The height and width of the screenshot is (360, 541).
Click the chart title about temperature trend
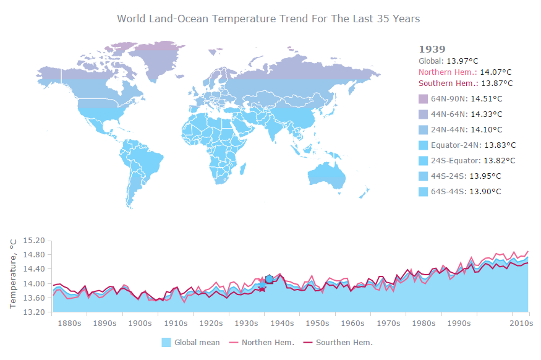point(268,19)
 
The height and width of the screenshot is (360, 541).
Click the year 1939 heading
point(432,49)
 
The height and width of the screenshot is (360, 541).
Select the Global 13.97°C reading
point(448,61)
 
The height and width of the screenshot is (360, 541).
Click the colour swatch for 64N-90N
point(424,99)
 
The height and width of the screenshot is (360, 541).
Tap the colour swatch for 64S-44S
point(424,192)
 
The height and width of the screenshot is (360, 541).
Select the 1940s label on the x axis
point(283,323)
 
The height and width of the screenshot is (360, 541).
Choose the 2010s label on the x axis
point(521,323)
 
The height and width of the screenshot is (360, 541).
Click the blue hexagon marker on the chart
point(269,280)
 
